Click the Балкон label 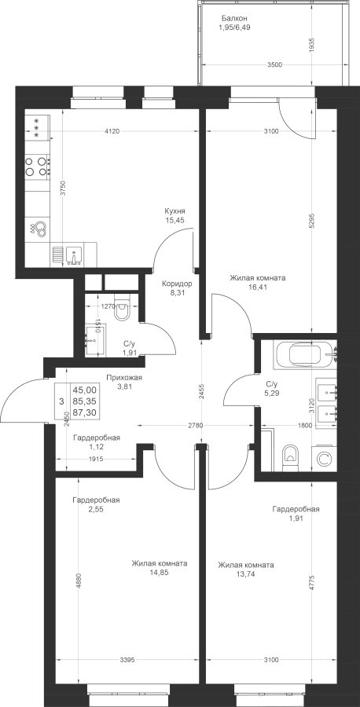click(x=234, y=19)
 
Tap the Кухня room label click(x=175, y=211)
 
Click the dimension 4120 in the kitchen click(x=112, y=132)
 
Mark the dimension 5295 click(x=314, y=222)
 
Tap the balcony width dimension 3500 click(x=274, y=65)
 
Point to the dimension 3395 click(x=127, y=660)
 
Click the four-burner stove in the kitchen click(x=37, y=166)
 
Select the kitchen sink click(x=73, y=255)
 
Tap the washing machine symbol click(x=323, y=459)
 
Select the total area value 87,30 click(x=87, y=412)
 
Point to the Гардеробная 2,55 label click(x=96, y=504)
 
